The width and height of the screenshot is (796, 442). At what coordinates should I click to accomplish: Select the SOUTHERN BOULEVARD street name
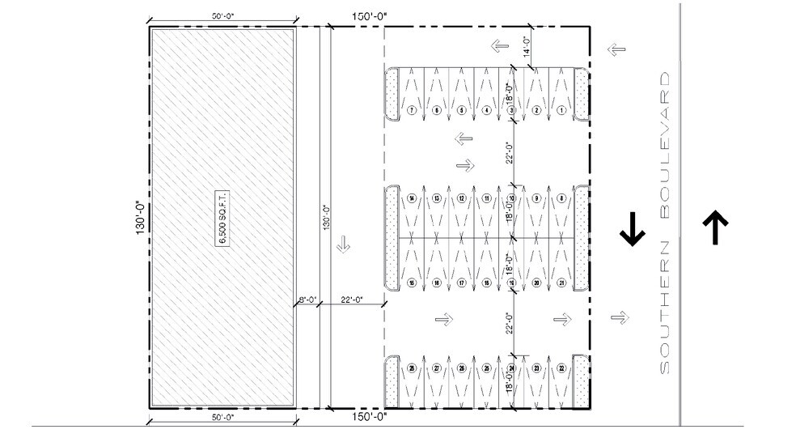(x=666, y=223)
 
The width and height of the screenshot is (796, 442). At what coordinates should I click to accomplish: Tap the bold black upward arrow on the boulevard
(x=716, y=228)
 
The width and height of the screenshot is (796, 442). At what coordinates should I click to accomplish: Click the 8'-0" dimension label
(x=307, y=300)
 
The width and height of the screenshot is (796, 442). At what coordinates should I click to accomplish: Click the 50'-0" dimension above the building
(x=222, y=15)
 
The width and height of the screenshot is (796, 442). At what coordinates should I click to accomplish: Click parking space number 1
(x=561, y=110)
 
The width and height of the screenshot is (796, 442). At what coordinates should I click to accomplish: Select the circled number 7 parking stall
(x=412, y=110)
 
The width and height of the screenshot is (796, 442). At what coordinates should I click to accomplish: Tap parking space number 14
(x=412, y=198)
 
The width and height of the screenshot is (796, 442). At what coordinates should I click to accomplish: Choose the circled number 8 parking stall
(x=561, y=198)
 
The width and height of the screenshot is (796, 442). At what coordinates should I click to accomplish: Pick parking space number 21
(x=561, y=283)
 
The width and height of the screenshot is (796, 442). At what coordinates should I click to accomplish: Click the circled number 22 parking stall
(x=561, y=368)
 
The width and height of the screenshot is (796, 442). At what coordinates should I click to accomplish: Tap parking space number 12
(x=461, y=198)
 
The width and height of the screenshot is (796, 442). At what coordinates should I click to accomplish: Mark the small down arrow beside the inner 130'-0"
(x=343, y=242)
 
